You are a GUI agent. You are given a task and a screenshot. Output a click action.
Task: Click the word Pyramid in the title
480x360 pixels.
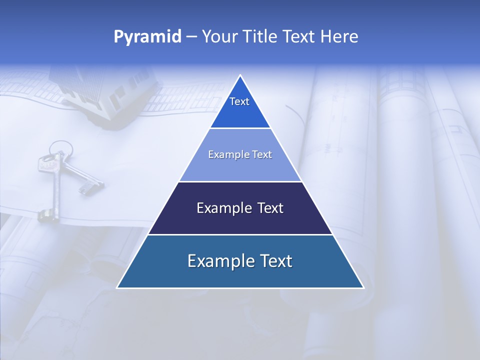coord(147,37)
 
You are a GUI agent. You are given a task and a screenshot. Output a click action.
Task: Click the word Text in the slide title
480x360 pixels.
coord(299,36)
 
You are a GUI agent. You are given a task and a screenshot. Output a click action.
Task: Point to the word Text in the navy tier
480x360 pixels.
coord(271,208)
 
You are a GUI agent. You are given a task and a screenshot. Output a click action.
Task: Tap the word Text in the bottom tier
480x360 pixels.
coord(276,261)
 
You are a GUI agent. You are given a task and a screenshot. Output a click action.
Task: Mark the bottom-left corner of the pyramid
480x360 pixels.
coord(117,287)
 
